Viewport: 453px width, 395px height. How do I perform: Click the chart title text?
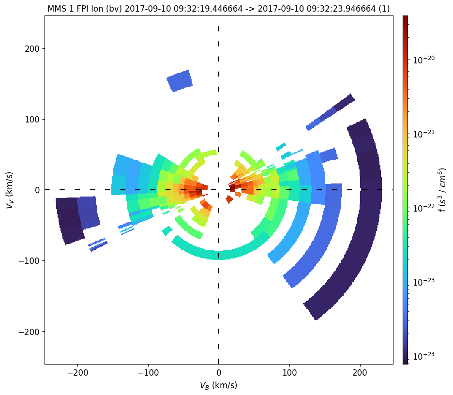[218, 8]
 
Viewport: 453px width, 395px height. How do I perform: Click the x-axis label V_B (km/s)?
[218, 385]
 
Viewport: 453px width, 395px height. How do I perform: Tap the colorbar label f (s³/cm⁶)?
[441, 190]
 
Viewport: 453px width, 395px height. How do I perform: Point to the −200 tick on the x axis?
[77, 373]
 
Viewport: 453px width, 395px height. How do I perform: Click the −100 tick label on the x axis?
[148, 373]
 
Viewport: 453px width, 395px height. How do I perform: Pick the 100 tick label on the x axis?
[289, 373]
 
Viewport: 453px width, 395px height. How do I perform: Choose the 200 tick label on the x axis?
[360, 373]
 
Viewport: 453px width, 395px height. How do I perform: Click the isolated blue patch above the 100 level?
[180, 81]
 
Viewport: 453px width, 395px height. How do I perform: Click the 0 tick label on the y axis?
[36, 190]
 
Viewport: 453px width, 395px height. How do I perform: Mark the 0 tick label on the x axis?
[219, 373]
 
